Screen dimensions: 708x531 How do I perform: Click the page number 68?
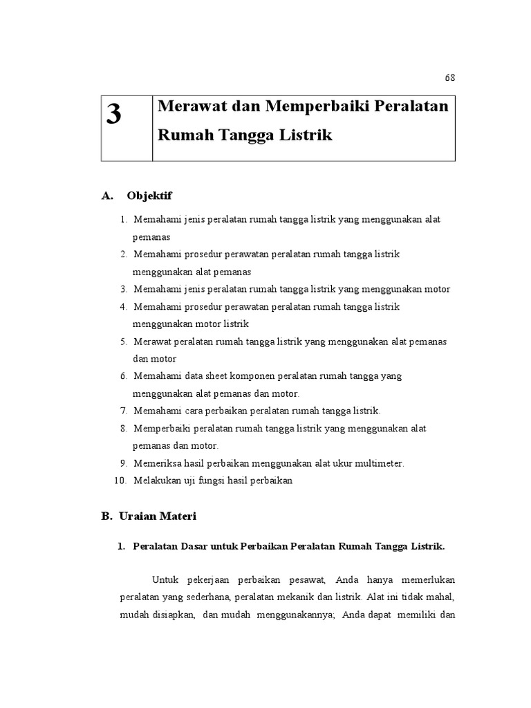coord(449,77)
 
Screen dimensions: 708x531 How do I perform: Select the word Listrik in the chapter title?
coord(306,135)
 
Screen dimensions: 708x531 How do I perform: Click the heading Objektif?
coord(149,196)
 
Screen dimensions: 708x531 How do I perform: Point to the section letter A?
coord(106,196)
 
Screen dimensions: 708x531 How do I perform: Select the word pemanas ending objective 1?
coord(151,236)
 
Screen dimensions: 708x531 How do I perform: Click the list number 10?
coord(121,481)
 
